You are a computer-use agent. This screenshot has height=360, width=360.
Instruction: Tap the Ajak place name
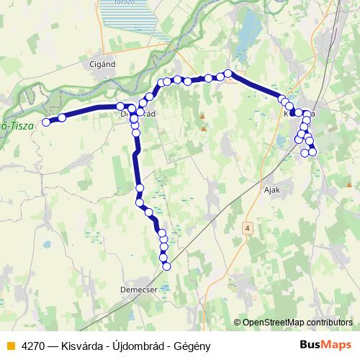[x=271, y=190]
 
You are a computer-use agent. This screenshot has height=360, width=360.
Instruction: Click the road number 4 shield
[x=248, y=228]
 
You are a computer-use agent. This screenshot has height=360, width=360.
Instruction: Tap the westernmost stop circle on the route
[x=46, y=122]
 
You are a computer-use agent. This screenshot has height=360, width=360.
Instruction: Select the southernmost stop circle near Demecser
[x=167, y=266]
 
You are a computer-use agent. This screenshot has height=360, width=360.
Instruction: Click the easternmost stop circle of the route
[x=313, y=152]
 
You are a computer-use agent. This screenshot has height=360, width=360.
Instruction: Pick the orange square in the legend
[x=10, y=345]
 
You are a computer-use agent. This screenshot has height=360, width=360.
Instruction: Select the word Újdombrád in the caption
[x=137, y=345]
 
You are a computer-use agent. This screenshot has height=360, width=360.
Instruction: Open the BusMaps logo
[x=324, y=344]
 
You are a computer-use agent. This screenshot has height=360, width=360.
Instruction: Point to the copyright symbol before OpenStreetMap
[x=237, y=323]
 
